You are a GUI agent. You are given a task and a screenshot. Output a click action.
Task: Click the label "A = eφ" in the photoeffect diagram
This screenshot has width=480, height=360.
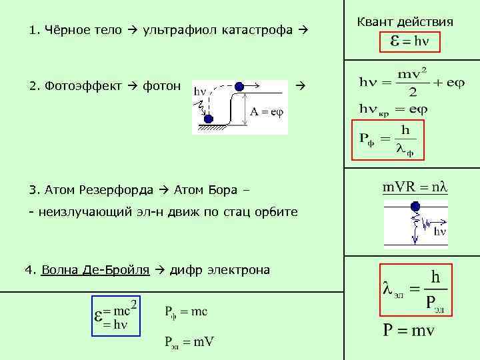pyautogui.click(x=267, y=112)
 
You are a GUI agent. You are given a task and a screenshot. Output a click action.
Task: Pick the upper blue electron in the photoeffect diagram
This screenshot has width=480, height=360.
pyautogui.click(x=239, y=86)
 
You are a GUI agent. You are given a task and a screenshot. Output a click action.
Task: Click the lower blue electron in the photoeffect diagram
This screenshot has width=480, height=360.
pyautogui.click(x=208, y=119)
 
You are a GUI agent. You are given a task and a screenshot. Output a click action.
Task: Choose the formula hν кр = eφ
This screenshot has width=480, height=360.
pyautogui.click(x=393, y=108)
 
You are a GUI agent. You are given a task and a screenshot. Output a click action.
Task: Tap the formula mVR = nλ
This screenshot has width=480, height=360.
pyautogui.click(x=414, y=187)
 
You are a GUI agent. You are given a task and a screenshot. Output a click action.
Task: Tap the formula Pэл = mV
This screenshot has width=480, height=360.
pyautogui.click(x=189, y=342)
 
